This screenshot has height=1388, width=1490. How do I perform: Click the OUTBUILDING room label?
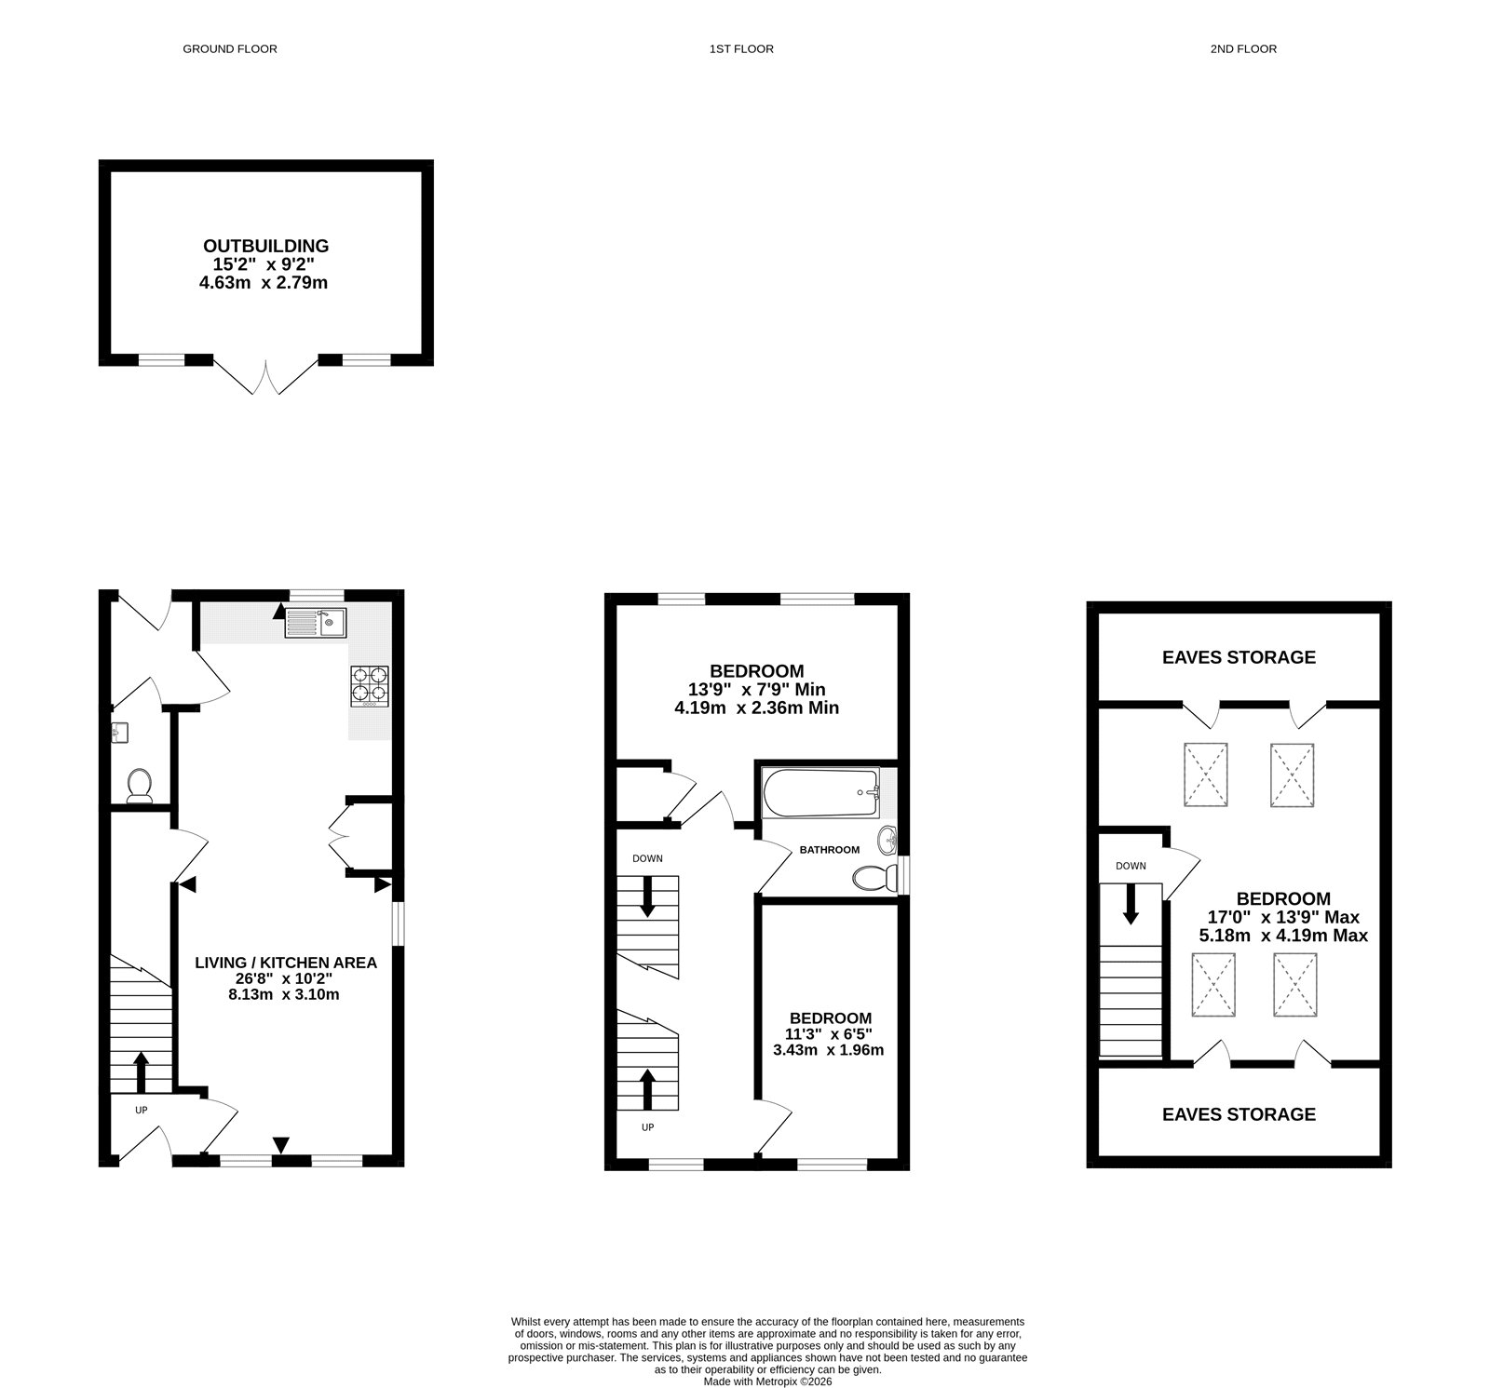point(266,246)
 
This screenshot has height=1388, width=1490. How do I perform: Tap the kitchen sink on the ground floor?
point(317,623)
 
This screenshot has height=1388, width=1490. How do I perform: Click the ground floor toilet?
point(140,785)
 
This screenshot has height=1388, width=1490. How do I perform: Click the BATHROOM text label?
point(829,850)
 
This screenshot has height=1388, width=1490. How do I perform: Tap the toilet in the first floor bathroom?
point(872,878)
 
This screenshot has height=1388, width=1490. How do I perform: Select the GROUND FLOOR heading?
point(229,48)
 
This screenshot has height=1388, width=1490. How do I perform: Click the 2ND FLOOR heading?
point(1243,48)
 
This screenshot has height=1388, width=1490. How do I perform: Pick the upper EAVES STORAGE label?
point(1239,657)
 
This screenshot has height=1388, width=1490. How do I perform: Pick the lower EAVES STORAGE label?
point(1239,1114)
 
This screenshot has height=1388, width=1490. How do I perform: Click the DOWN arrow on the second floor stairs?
point(1131,904)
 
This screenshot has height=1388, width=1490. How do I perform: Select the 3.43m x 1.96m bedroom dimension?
point(828,1050)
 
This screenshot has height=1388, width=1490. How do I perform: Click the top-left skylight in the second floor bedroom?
point(1206,775)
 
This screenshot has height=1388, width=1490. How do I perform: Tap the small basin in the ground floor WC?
point(117,734)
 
